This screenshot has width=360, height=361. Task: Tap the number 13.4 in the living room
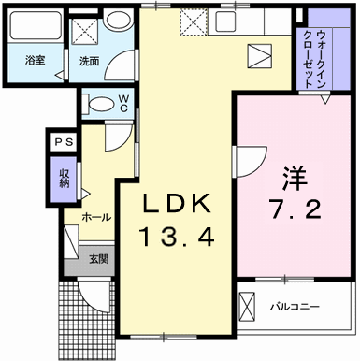178,237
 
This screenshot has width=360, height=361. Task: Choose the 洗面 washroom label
90,61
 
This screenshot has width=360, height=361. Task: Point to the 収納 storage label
64,176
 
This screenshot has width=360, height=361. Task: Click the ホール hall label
95,217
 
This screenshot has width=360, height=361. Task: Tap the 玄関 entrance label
98,259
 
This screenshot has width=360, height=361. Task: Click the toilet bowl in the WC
97,103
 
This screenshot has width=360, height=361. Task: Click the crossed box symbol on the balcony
247,305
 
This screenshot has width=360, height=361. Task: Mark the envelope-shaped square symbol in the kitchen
259,54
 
